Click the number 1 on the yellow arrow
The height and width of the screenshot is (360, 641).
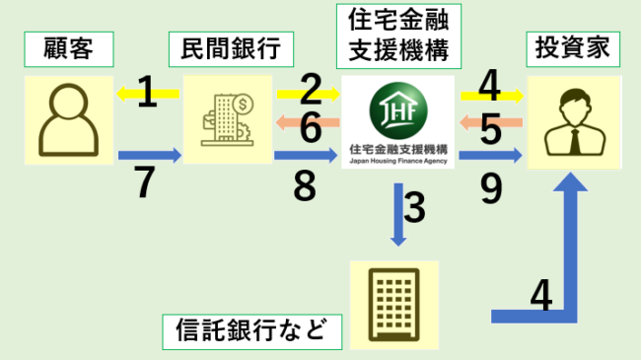(147, 93)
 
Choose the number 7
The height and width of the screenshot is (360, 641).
(146, 182)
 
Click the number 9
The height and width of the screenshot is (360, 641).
(489, 182)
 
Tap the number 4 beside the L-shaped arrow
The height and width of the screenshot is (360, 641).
(539, 295)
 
